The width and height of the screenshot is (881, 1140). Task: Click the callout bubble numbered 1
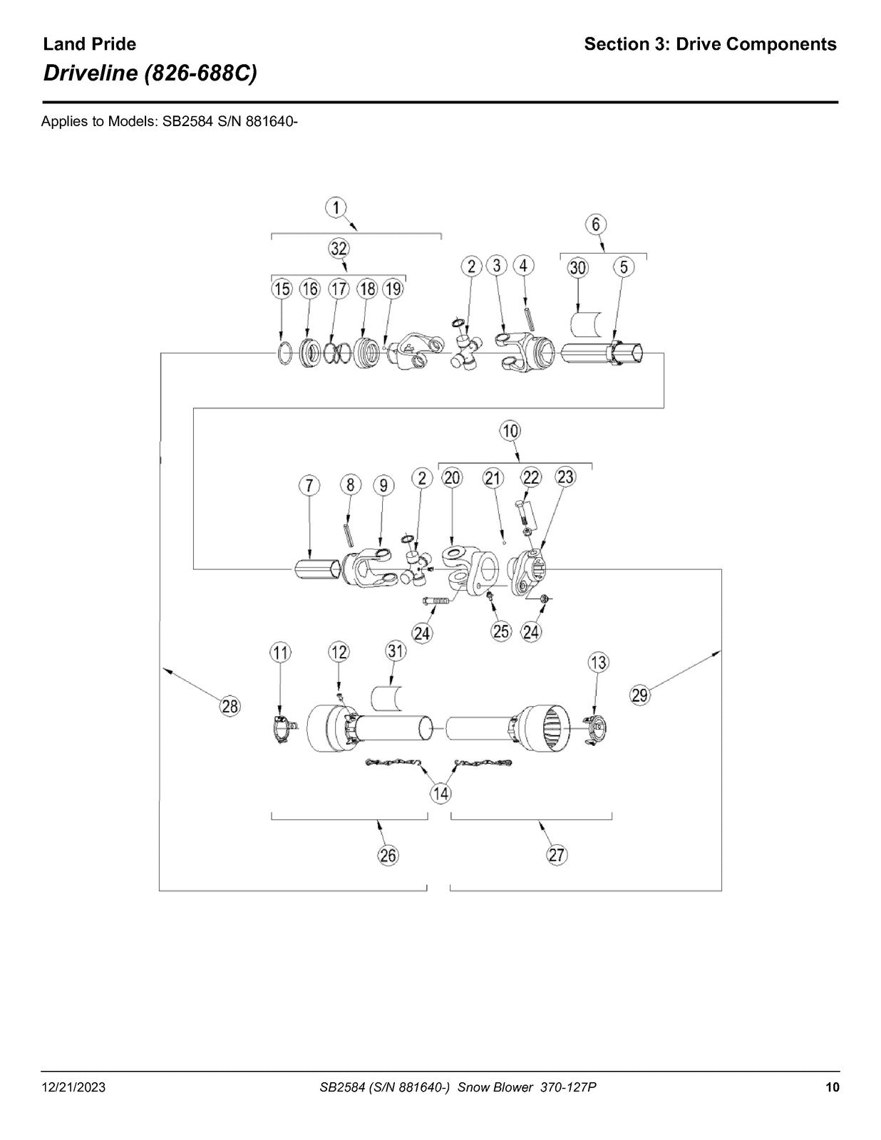336,208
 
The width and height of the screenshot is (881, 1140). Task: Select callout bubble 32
339,248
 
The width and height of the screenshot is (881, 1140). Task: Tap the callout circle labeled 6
596,224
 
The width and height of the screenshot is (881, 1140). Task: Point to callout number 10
510,431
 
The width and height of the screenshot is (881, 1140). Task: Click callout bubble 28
230,706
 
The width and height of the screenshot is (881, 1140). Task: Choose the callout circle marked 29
639,695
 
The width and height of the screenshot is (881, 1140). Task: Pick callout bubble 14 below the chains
441,793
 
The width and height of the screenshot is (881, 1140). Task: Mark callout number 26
388,856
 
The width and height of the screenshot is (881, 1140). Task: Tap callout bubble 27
556,855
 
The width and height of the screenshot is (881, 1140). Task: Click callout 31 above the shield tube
396,651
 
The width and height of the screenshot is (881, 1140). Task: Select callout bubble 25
501,632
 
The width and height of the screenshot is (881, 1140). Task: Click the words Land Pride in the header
89,44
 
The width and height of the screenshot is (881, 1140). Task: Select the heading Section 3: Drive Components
711,44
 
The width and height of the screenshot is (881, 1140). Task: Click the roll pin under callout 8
351,536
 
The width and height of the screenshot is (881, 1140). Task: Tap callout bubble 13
599,662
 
